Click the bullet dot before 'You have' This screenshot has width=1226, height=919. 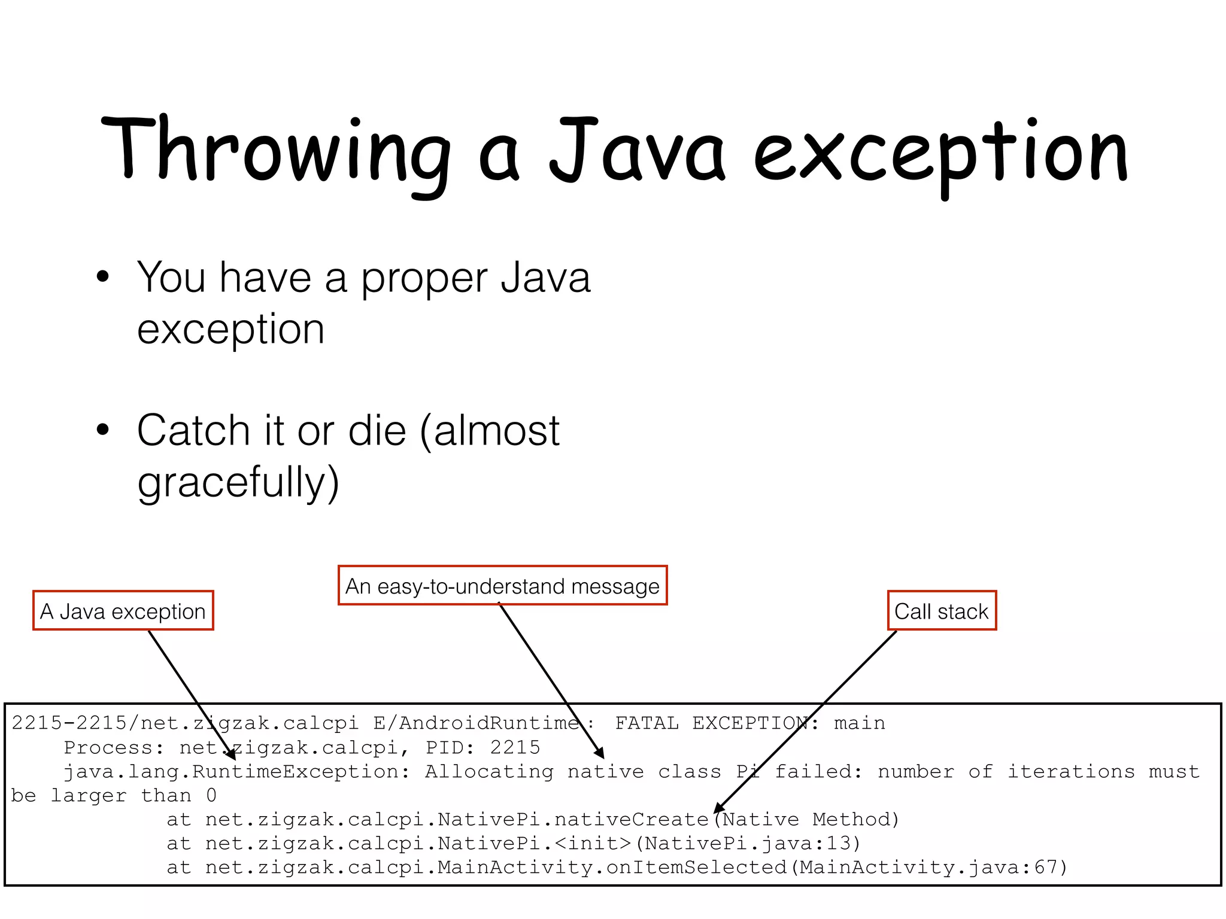(103, 278)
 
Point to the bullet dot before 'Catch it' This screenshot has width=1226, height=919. (103, 430)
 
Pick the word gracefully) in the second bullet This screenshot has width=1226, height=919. (238, 482)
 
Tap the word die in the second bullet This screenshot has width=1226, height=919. (377, 430)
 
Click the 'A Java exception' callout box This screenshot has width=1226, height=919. (123, 611)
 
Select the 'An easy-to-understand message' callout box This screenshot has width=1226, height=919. (502, 586)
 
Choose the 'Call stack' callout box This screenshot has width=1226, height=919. (942, 611)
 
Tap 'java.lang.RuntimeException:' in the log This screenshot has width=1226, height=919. (237, 772)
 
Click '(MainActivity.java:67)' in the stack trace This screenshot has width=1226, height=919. (928, 868)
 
